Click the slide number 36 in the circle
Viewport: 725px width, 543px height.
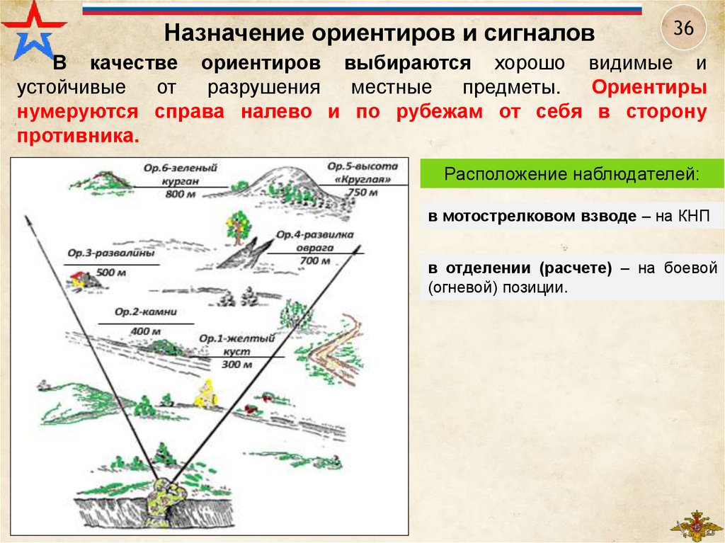tap(683, 29)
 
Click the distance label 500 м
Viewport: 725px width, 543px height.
tap(110, 272)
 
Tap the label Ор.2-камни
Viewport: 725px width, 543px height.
tap(145, 311)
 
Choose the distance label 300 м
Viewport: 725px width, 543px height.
tap(236, 365)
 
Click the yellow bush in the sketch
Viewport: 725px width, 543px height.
tap(205, 392)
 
